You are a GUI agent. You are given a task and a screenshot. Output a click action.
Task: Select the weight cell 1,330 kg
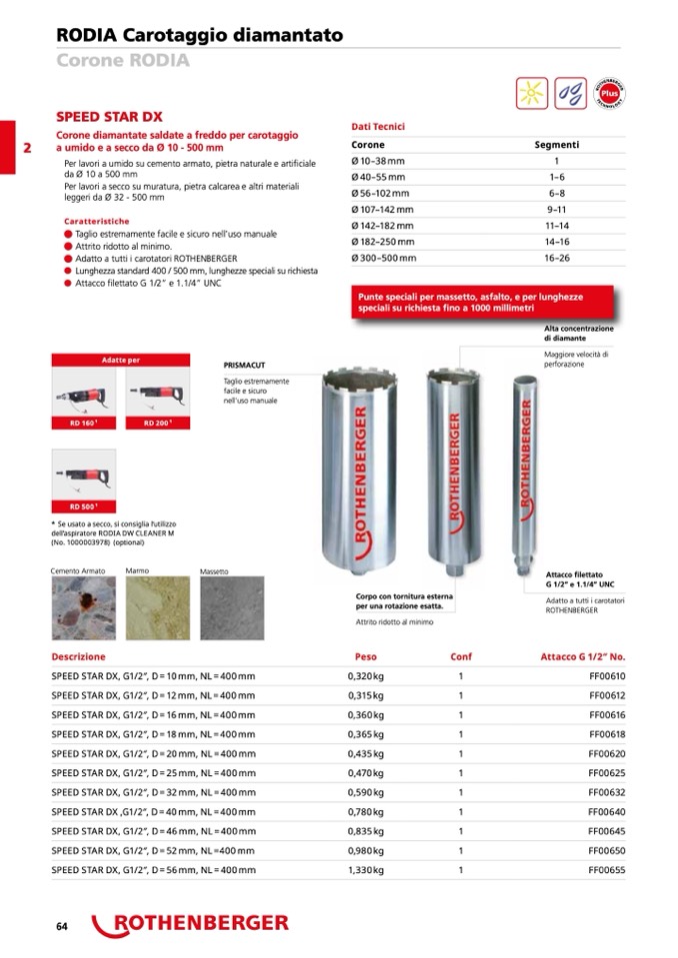click(x=365, y=870)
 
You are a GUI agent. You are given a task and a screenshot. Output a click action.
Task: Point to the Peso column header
click(x=366, y=656)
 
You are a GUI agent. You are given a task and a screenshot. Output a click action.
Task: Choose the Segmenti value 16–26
click(x=556, y=258)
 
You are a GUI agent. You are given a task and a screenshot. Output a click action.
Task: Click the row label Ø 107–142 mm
click(x=382, y=209)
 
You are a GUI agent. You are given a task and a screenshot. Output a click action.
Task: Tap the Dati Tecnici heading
click(x=378, y=127)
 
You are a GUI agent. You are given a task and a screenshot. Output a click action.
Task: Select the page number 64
click(x=61, y=926)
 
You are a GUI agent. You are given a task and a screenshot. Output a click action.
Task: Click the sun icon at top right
click(x=531, y=92)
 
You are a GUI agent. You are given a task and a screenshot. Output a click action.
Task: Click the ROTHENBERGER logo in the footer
click(x=190, y=924)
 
